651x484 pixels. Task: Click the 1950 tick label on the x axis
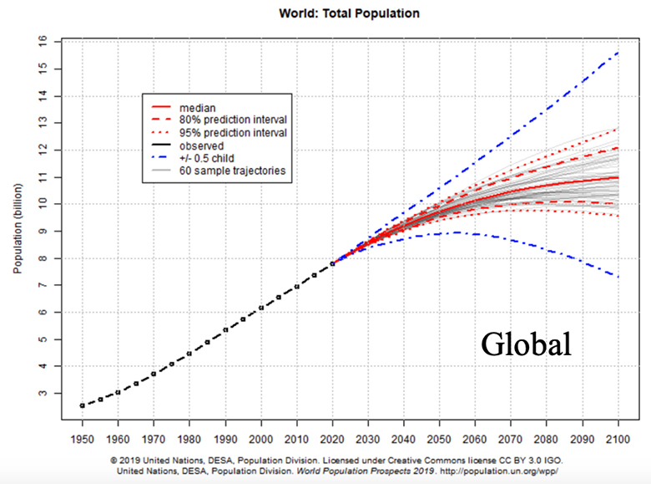tap(82, 440)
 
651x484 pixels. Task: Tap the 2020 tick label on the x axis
tap(333, 440)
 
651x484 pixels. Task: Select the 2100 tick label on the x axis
tap(618, 440)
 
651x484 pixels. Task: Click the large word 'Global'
tap(525, 344)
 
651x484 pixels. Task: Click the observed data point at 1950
tap(82, 405)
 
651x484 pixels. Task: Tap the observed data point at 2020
tap(333, 263)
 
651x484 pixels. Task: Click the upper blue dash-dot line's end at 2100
tap(618, 52)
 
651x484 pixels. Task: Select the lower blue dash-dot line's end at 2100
tap(618, 277)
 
